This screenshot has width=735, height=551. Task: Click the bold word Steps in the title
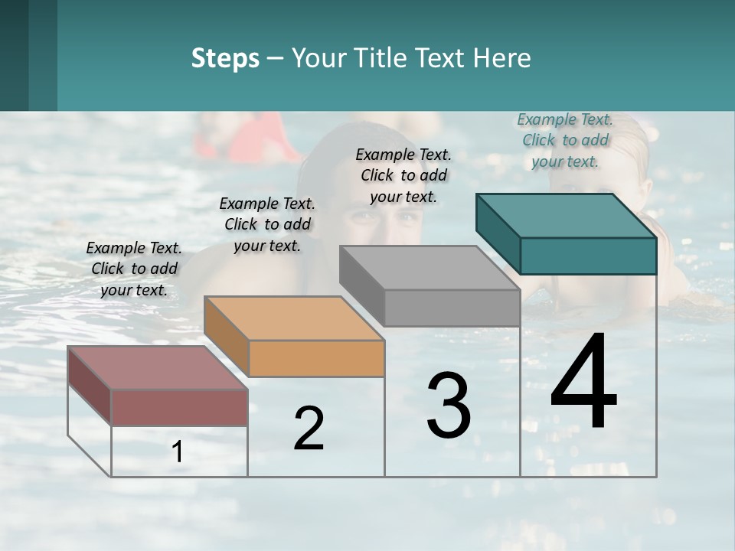click(225, 58)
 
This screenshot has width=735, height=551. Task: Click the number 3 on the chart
click(449, 406)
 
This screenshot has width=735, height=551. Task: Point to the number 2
click(309, 429)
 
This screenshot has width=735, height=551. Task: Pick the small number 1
click(178, 452)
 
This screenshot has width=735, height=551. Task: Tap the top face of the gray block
click(430, 268)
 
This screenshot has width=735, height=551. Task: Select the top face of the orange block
click(294, 318)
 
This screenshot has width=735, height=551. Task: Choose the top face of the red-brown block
click(158, 367)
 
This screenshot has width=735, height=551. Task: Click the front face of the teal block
click(588, 256)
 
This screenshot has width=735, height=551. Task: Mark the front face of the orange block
click(316, 358)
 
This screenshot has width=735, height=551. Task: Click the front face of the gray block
click(452, 308)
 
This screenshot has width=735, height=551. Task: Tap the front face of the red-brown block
click(179, 407)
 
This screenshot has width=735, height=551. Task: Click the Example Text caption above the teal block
click(565, 140)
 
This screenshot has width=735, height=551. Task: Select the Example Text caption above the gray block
click(403, 175)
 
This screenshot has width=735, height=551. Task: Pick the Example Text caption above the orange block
click(267, 224)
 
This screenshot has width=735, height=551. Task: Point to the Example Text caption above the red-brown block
click(134, 269)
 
